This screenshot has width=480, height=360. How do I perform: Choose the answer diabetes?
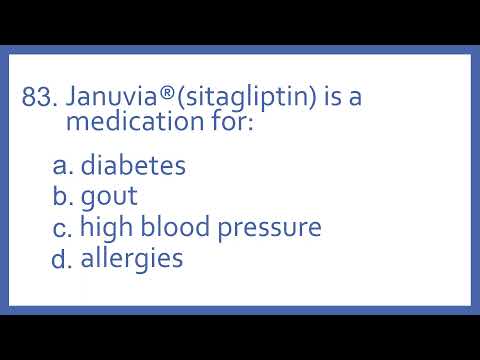pyautogui.click(x=133, y=165)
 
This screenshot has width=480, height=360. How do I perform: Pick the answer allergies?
pyautogui.click(x=131, y=258)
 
